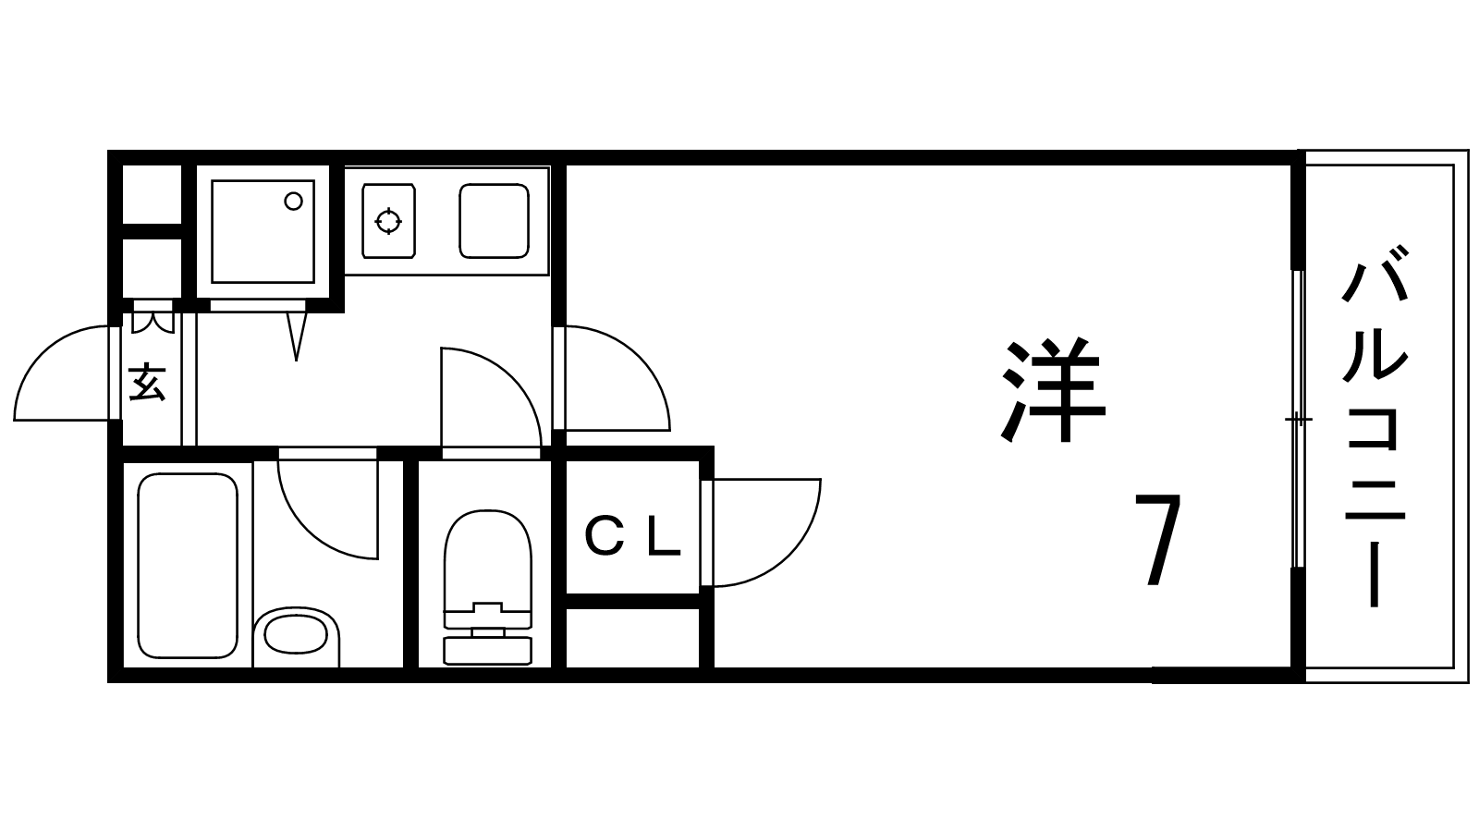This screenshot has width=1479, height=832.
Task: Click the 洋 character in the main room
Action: tap(1054, 390)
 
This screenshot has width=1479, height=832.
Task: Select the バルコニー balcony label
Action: tap(1375, 426)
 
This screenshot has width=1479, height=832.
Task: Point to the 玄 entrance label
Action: tap(146, 383)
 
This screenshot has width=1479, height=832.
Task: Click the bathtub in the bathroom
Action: tap(187, 566)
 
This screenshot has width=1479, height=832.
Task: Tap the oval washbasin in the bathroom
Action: tap(295, 635)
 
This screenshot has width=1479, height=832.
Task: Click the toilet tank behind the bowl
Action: tap(488, 651)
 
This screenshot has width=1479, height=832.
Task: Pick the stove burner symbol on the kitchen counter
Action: tap(388, 221)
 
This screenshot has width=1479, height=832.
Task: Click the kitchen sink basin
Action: tap(495, 221)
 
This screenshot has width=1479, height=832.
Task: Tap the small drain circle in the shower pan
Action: tap(293, 201)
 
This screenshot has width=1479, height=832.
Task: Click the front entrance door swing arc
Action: tap(63, 373)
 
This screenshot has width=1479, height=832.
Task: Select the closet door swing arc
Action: tap(766, 532)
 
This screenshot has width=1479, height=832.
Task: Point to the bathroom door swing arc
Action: tap(327, 509)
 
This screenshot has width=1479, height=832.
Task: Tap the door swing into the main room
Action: tap(617, 378)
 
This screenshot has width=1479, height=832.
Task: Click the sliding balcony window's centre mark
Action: tap(1298, 419)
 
